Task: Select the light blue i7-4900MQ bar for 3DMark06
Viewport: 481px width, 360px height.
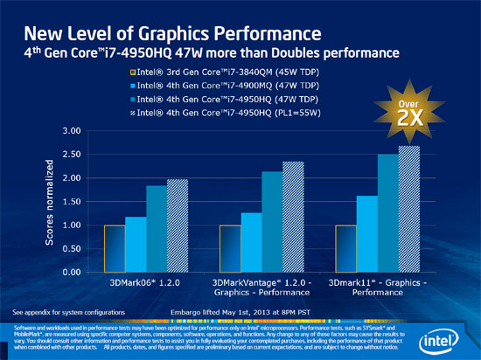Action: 136,245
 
